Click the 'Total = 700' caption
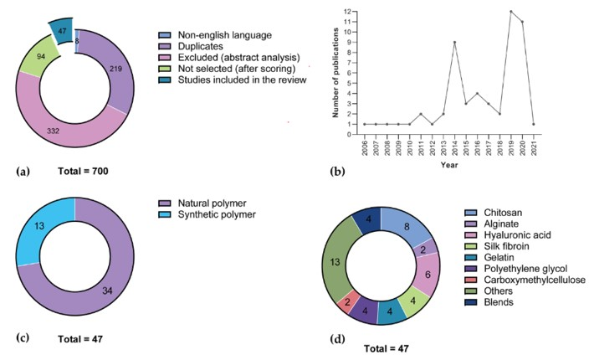pyautogui.click(x=80, y=171)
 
